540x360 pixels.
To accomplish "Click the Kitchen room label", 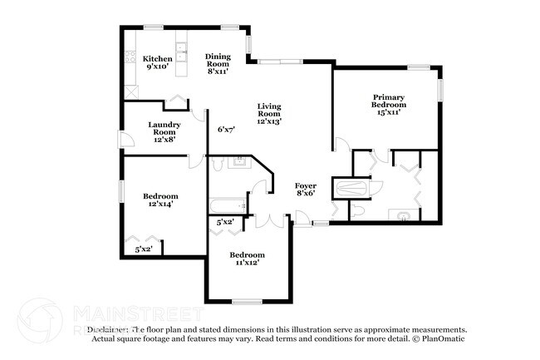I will pos(157,62).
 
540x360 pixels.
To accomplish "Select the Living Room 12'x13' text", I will pos(268,114).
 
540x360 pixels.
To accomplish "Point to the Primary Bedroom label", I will pos(388,105).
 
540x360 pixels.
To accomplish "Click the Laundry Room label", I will pos(163,131).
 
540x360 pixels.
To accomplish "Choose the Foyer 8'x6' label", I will pos(306,190).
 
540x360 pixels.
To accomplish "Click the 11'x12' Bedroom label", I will pos(247,259).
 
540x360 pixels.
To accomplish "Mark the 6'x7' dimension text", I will pos(226,130).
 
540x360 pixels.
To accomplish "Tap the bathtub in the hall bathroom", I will pos(226,204).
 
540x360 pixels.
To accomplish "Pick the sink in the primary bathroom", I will pos(405,216).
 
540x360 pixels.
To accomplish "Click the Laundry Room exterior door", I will pos(122,140).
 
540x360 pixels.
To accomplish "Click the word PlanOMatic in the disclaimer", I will pos(443,338).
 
